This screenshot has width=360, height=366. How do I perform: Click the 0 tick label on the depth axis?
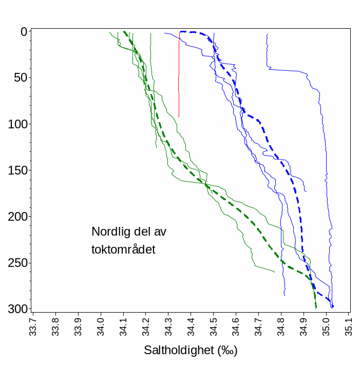click(x=23, y=32)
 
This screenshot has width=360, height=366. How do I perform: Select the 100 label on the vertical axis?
click(x=16, y=124)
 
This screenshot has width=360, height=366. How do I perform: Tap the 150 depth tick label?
click(x=16, y=170)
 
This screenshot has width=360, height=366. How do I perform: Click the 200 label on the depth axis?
click(x=16, y=217)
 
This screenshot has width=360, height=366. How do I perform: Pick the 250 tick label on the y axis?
click(x=16, y=263)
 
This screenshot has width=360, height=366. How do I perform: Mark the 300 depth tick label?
click(x=16, y=309)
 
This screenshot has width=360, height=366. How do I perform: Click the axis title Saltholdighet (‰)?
click(x=191, y=351)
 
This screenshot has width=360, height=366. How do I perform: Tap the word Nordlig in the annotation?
click(x=110, y=232)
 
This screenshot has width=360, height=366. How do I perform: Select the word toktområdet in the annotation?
click(x=123, y=249)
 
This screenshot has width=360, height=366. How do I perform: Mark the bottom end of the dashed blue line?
click(x=332, y=306)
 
